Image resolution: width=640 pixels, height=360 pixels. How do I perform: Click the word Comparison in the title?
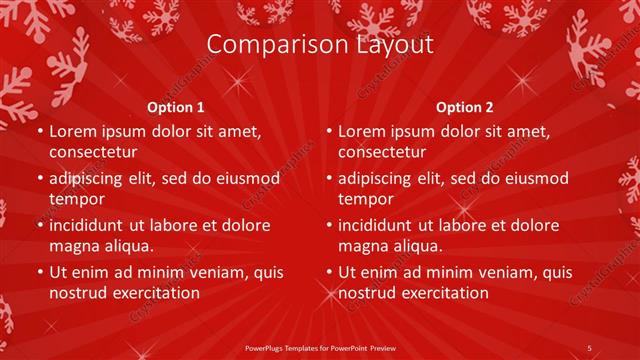click(268, 45)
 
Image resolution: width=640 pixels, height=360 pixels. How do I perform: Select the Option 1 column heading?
click(176, 107)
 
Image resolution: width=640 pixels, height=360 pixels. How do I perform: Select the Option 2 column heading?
click(466, 107)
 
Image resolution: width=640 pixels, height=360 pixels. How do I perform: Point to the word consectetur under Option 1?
click(93, 152)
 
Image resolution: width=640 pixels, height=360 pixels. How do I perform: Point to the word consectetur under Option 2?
click(383, 152)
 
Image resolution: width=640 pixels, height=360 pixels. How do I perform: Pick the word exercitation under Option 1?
click(152, 293)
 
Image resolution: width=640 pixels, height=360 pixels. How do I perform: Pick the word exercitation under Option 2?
click(442, 293)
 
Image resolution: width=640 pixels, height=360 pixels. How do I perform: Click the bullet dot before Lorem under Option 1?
click(38, 132)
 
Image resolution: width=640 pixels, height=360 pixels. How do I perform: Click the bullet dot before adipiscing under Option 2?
click(328, 179)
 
